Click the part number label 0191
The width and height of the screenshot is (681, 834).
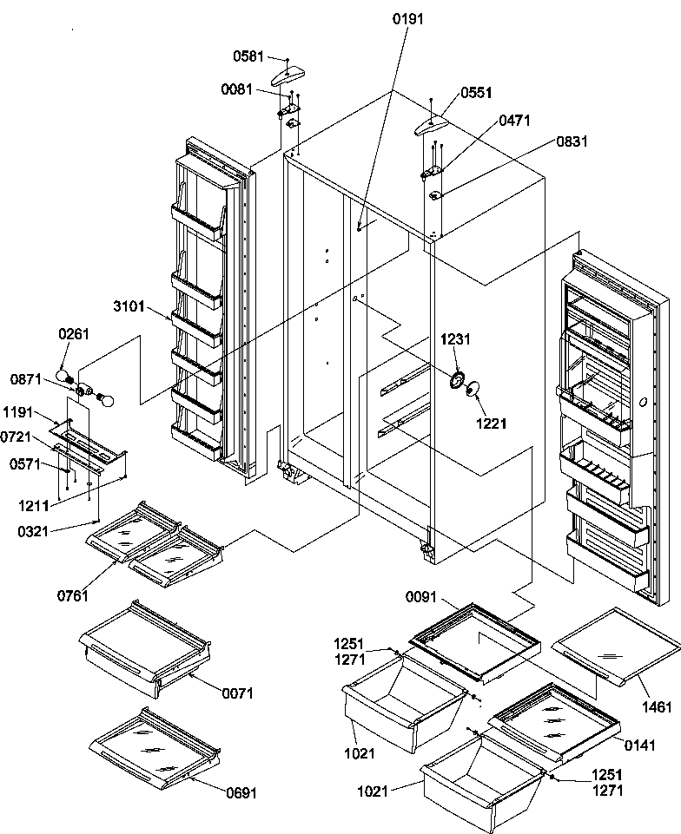(409, 20)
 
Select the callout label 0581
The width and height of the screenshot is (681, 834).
(248, 57)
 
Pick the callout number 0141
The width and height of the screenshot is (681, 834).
(638, 744)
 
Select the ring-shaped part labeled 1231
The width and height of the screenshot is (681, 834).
(455, 380)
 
